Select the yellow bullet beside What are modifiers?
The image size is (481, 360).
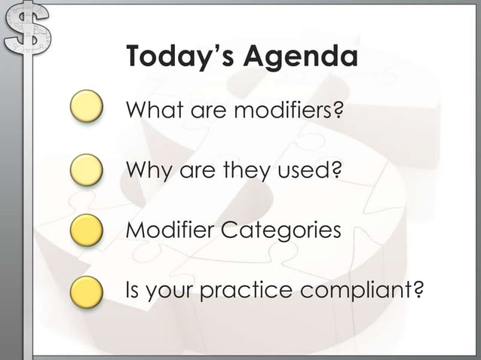tap(87, 107)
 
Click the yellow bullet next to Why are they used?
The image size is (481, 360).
tap(87, 169)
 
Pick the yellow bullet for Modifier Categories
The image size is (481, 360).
tap(87, 229)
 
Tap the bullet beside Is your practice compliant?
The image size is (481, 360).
tap(87, 291)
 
